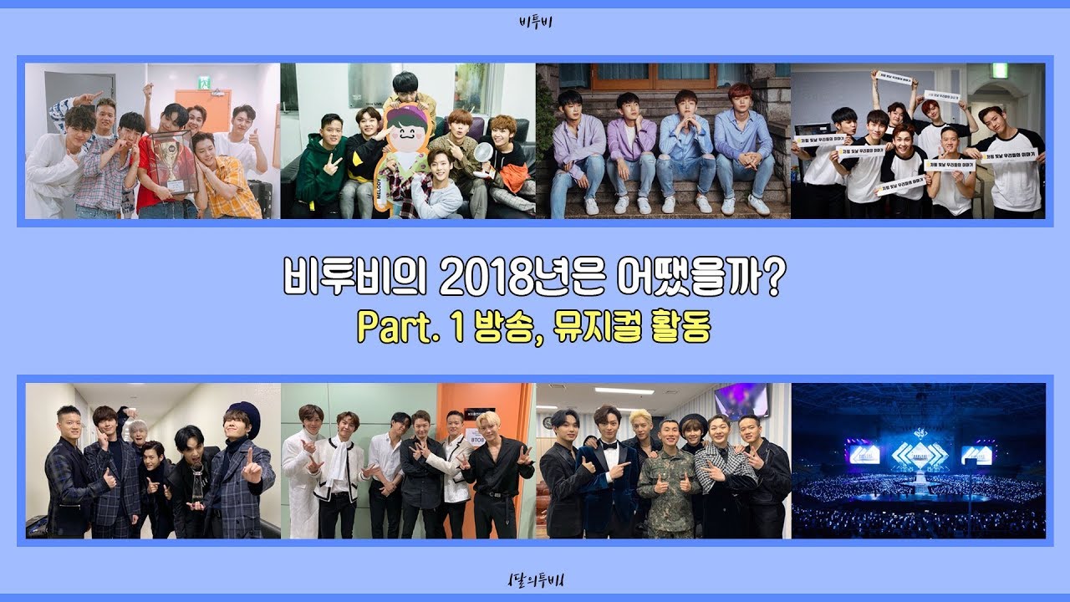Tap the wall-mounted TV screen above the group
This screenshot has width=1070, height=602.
pyautogui.click(x=741, y=400)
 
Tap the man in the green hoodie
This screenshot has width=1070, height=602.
pyautogui.click(x=318, y=171)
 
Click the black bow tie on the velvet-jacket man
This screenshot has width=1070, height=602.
pyautogui.click(x=608, y=444)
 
